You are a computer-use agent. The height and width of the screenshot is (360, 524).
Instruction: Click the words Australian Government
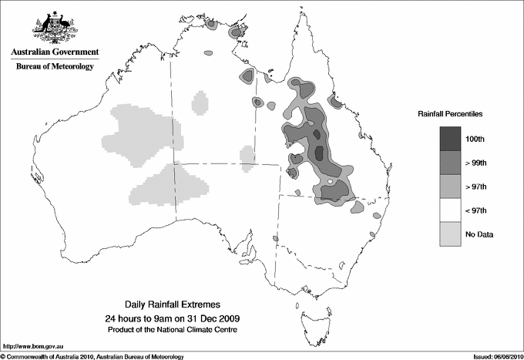coord(55,52)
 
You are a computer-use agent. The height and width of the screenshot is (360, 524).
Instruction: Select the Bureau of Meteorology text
coord(55,67)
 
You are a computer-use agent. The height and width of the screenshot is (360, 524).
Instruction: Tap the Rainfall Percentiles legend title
coord(450,114)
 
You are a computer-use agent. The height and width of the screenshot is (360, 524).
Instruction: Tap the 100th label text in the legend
coord(474,139)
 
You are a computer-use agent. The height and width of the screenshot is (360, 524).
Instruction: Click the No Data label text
coord(478,233)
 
